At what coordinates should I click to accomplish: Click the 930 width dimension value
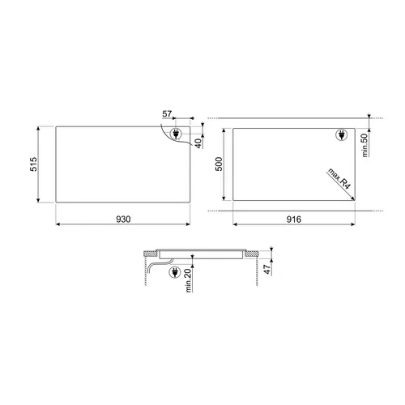tap(123, 220)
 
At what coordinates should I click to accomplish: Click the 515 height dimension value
tap(33, 164)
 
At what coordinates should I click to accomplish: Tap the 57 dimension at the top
tap(167, 114)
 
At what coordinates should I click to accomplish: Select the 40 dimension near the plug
tap(198, 143)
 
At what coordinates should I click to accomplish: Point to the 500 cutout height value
tap(219, 164)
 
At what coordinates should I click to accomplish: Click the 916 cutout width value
tap(294, 220)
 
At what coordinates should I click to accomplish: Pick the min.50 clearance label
tap(365, 145)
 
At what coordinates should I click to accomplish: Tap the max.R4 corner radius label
tap(339, 179)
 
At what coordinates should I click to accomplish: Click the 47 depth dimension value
tap(267, 270)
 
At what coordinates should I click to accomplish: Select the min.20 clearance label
tap(189, 280)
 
